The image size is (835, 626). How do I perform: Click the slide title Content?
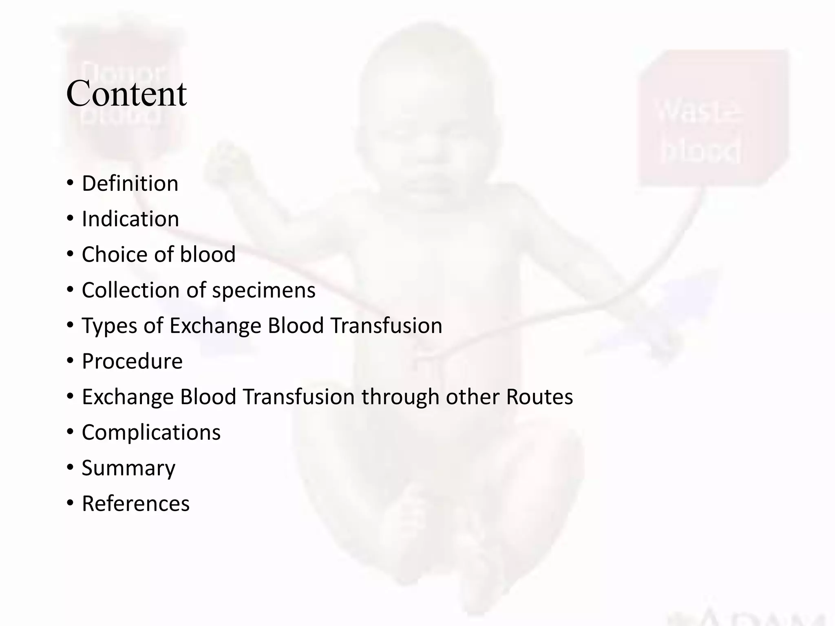126,94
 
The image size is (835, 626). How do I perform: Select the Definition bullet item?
130,183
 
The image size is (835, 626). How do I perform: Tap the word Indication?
130,219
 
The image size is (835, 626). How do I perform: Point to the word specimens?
263,290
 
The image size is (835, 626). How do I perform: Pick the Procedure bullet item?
132,361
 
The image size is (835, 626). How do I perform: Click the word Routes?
539,397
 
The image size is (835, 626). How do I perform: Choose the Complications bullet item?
151,432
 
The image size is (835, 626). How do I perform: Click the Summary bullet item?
128,468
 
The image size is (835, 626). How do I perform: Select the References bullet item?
136,503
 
